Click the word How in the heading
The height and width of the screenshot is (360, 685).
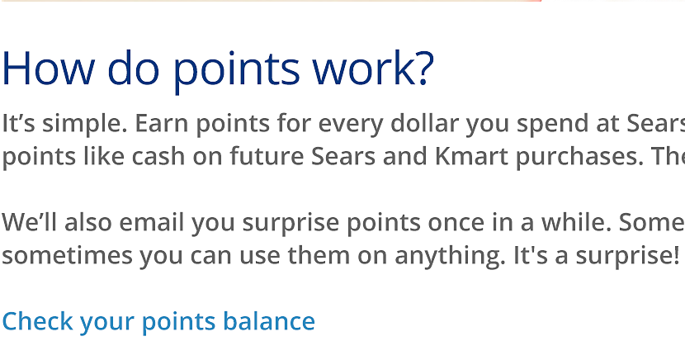[x=49, y=69]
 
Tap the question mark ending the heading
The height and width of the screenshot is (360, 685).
[x=425, y=67]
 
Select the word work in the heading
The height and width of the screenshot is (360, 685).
[x=363, y=67]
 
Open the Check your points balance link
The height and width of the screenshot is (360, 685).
[x=158, y=321]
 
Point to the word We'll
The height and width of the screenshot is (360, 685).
[x=30, y=222]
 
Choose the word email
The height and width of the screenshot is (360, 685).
[x=151, y=222]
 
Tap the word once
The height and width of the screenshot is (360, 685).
[x=456, y=223]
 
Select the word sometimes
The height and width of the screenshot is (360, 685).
[x=68, y=256]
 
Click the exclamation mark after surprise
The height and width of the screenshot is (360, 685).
[x=676, y=256]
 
